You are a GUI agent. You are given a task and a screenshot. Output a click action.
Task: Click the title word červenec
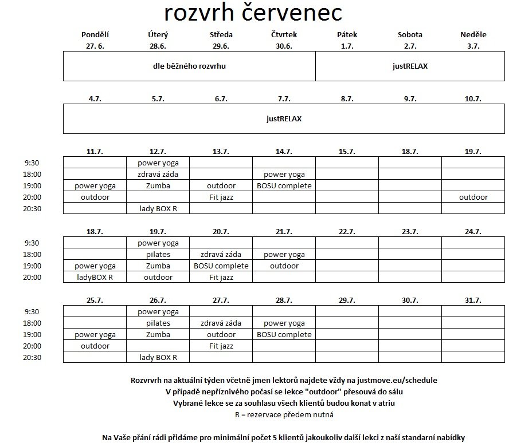[x=292, y=13]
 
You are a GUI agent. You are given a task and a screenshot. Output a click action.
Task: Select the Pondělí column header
[x=95, y=35]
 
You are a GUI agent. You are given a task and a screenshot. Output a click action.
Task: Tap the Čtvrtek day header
[x=284, y=35]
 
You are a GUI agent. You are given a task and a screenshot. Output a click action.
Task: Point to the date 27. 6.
[x=95, y=46]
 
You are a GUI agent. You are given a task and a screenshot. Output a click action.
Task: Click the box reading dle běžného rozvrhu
[x=189, y=66]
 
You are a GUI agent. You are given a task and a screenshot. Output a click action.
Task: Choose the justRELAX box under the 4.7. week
[x=284, y=119]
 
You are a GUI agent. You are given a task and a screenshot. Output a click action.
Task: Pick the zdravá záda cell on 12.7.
[x=158, y=174]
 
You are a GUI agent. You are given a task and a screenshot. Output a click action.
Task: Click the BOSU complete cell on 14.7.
[x=284, y=185]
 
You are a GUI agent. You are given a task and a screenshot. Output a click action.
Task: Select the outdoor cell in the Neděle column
[x=473, y=197]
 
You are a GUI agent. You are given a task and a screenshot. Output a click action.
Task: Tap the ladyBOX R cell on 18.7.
[x=95, y=278]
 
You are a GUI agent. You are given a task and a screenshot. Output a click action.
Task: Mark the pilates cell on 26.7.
[x=158, y=323]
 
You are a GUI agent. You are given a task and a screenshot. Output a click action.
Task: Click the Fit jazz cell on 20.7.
[x=221, y=278]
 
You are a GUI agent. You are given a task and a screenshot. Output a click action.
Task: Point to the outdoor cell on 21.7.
[x=284, y=266]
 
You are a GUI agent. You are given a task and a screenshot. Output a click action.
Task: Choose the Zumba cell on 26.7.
[x=158, y=335]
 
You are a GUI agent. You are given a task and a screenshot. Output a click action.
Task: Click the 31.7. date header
[x=473, y=300]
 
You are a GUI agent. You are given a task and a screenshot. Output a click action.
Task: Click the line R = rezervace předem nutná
[x=284, y=414]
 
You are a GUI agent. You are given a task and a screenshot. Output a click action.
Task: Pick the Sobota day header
[x=410, y=35]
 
